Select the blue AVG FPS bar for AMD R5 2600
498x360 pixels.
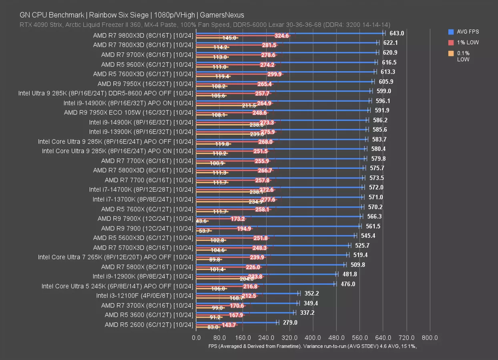pos(236,322)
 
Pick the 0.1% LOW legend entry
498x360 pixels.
pos(464,56)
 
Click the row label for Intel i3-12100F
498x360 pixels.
pos(145,296)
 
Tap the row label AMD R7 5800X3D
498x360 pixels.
pos(143,170)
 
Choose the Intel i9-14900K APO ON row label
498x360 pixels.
pos(128,103)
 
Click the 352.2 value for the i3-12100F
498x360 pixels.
pos(311,293)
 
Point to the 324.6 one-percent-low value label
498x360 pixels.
pos(282,36)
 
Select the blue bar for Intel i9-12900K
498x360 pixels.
pos(266,274)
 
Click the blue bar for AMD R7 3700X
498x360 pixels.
pos(247,303)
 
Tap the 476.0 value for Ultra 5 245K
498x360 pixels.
pos(348,284)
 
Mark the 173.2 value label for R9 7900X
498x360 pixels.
pos(238,219)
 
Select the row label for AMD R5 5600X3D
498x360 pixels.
pos(143,238)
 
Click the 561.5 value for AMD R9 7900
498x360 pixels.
pos(373,226)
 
